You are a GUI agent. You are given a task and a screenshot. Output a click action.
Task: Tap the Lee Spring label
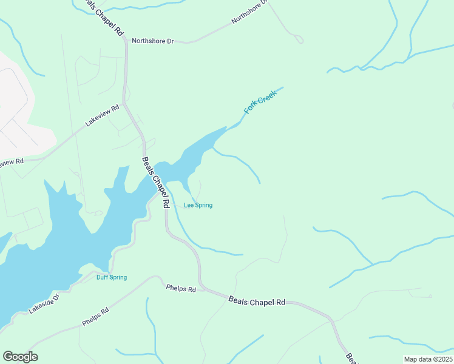[x=198, y=205]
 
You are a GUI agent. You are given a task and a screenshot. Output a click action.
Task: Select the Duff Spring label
[x=112, y=277]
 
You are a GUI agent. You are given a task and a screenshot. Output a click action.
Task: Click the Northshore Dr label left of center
[x=153, y=41]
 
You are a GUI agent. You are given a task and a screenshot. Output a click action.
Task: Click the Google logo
[x=20, y=357]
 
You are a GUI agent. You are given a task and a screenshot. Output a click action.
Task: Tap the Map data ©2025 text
[x=429, y=359]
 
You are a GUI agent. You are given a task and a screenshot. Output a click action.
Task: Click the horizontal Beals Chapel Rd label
[x=257, y=300]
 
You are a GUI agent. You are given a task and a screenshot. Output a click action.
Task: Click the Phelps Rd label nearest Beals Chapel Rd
[x=181, y=289]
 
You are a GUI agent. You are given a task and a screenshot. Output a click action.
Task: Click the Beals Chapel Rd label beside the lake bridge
[x=155, y=183]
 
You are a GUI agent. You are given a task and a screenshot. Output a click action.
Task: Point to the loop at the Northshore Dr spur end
[x=298, y=40]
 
